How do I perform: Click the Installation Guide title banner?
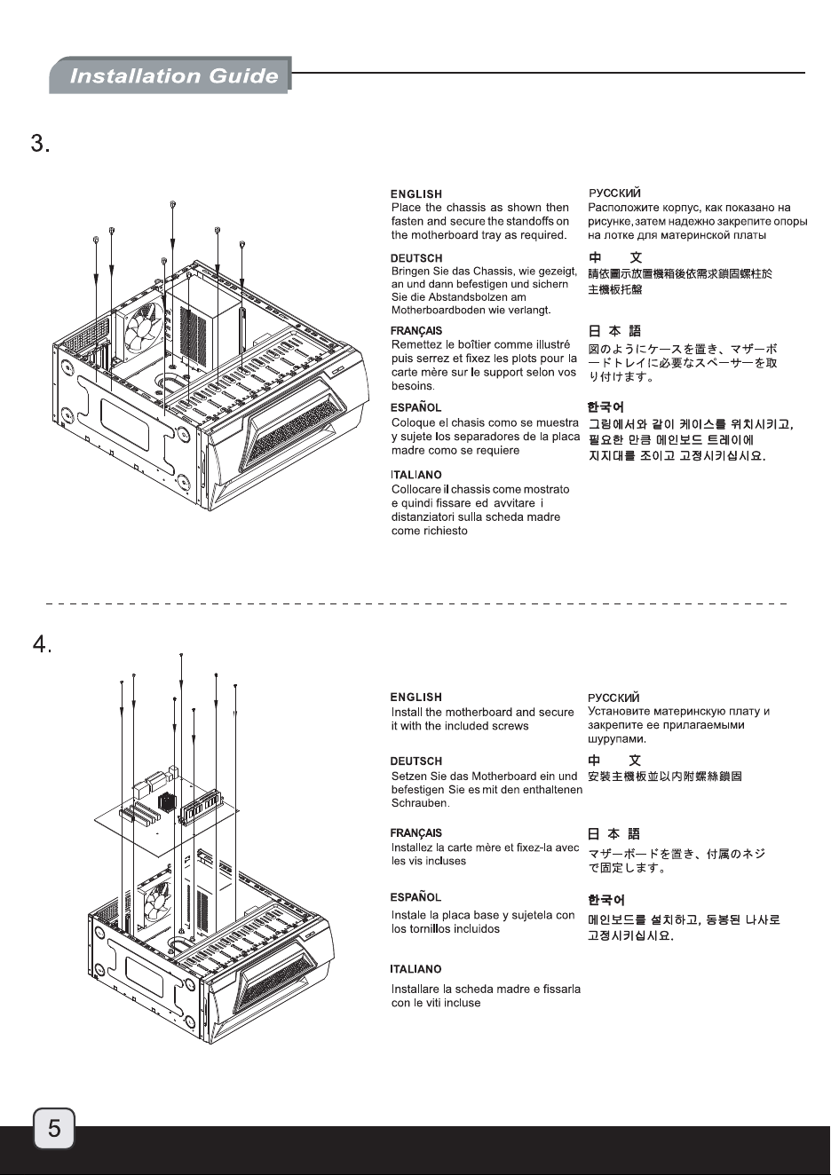click(x=170, y=75)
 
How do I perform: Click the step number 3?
click(x=41, y=143)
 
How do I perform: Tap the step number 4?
click(x=42, y=643)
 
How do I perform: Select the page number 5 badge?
click(x=54, y=1128)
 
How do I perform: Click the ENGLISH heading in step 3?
click(x=416, y=194)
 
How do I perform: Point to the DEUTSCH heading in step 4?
click(x=415, y=761)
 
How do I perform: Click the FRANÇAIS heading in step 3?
click(x=416, y=331)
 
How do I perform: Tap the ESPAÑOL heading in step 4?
click(x=415, y=897)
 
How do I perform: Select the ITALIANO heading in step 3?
click(x=416, y=475)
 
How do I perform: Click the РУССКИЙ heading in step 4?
click(x=613, y=698)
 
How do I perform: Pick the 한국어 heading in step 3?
click(x=605, y=407)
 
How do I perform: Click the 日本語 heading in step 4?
click(x=613, y=834)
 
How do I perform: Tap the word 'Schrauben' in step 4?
click(x=420, y=803)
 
